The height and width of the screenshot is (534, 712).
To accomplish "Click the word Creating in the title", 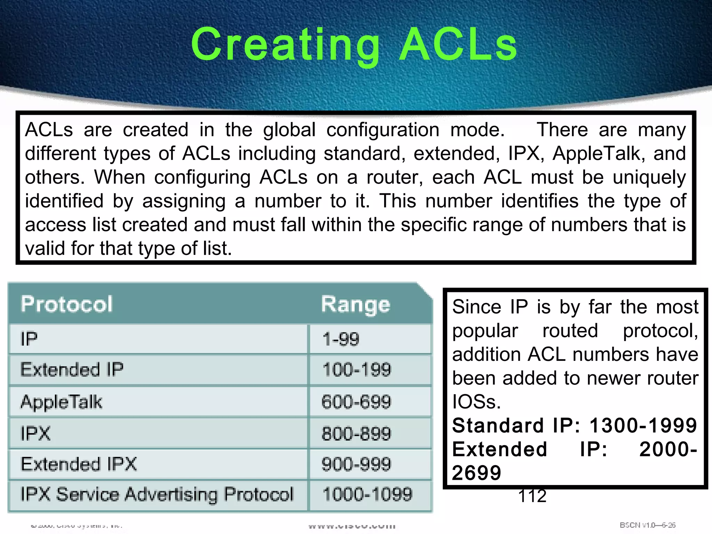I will [285, 45].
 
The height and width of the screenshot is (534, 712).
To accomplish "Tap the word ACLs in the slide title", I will [458, 45].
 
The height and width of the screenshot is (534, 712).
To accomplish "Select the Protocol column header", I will [67, 304].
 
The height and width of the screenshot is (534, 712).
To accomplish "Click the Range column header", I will [355, 305].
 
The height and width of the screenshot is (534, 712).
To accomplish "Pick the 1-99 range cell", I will [341, 339].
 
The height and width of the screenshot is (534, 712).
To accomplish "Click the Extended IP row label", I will [72, 370].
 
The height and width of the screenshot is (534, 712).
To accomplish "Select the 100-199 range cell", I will [357, 370].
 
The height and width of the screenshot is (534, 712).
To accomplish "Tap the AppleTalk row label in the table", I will [61, 402].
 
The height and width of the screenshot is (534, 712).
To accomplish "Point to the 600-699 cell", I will [356, 402].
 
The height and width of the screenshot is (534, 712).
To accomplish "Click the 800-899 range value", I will [356, 434].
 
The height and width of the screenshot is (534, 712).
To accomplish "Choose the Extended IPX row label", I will [79, 464].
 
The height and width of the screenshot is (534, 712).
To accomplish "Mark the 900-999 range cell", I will [356, 464].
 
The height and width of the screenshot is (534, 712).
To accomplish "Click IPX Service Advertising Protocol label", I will [157, 494].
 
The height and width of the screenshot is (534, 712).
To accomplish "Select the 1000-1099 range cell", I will [367, 494].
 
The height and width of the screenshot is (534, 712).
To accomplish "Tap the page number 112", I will [532, 496].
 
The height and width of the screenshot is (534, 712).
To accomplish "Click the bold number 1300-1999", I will [643, 426].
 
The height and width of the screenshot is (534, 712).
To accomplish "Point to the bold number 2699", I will [477, 473].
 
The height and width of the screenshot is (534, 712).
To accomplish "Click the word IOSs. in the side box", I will [476, 402].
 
